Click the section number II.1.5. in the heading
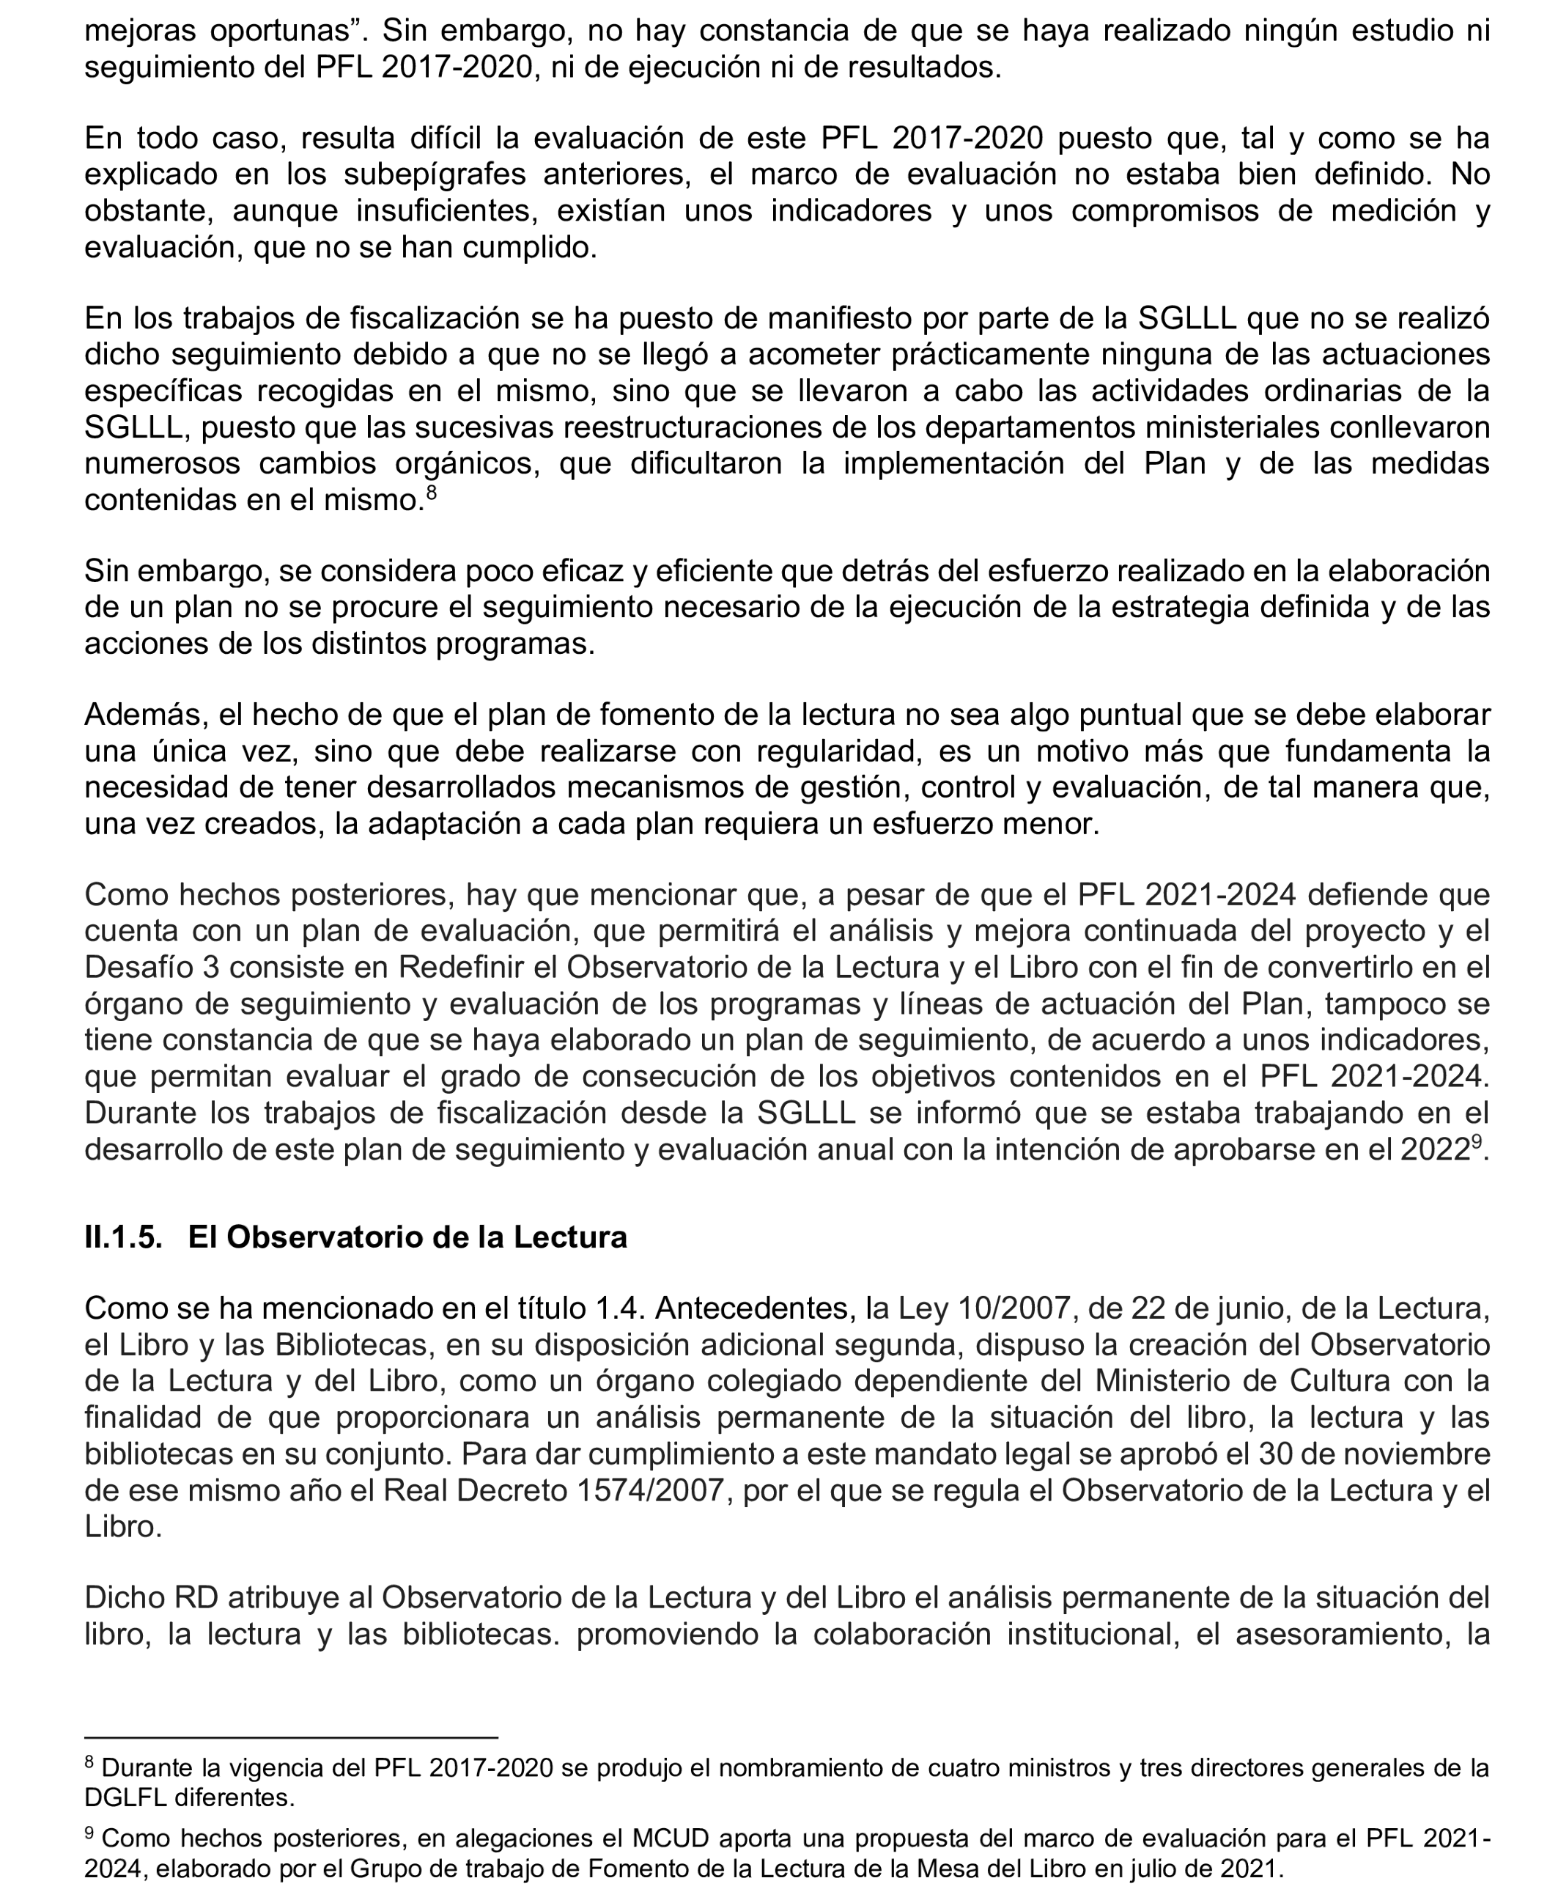[123, 1237]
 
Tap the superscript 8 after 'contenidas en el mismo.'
[431, 493]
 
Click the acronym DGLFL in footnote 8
[125, 1797]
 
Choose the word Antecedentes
[754, 1309]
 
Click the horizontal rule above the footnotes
[291, 1737]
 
